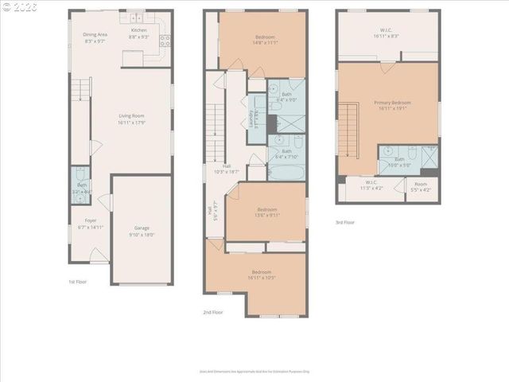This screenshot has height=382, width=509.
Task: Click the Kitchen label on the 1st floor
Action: click(x=139, y=33)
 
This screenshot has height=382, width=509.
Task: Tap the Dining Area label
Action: click(x=95, y=37)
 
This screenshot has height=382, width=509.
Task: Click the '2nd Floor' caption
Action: click(x=213, y=312)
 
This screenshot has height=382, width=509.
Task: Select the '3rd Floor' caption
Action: click(x=346, y=222)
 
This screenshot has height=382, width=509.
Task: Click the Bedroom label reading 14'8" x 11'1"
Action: click(x=266, y=41)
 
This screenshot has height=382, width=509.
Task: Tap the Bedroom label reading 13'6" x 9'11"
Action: click(x=266, y=212)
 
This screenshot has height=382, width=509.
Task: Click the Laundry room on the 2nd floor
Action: click(x=256, y=119)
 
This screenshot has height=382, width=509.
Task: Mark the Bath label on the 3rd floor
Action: click(x=399, y=162)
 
